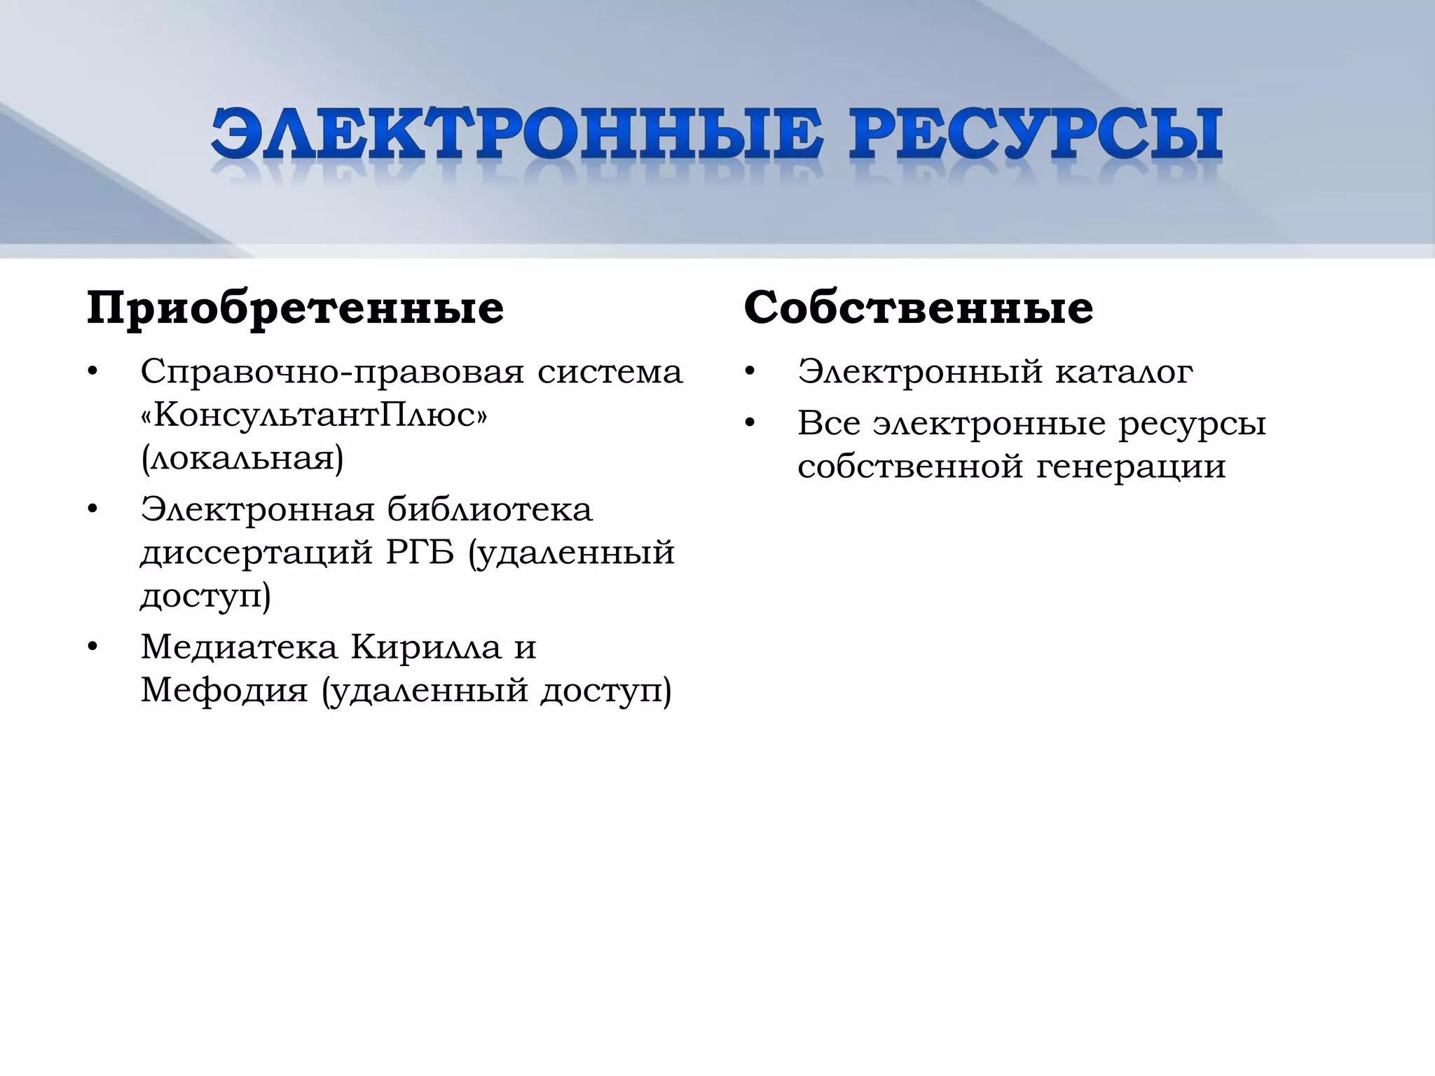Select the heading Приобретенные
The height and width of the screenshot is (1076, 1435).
(295, 308)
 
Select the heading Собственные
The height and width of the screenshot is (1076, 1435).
(918, 308)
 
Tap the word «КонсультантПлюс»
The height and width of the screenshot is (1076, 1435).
(314, 415)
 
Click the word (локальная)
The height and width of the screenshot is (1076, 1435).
(242, 459)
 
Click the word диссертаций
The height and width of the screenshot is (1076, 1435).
(256, 553)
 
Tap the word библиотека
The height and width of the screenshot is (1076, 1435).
(490, 509)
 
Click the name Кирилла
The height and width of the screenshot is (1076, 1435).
(426, 647)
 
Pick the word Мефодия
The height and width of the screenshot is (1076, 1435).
(224, 690)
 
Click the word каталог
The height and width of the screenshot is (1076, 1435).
(1124, 371)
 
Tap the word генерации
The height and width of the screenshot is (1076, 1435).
(1131, 467)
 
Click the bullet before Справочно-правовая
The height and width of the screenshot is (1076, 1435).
(92, 372)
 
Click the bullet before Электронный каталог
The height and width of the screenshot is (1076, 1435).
(750, 372)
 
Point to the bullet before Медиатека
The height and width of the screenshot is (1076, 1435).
(92, 647)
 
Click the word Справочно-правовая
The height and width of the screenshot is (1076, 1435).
(332, 372)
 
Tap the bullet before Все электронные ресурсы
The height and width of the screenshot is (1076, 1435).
(750, 424)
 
